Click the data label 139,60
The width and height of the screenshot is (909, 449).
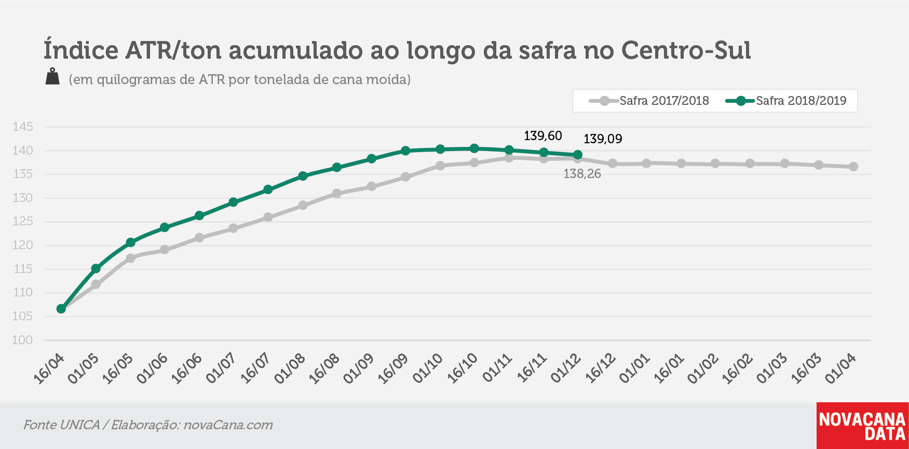coord(542,136)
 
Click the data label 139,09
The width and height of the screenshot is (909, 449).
coord(603,139)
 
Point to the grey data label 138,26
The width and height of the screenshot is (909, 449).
coord(582,174)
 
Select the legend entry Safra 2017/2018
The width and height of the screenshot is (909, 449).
coord(649,101)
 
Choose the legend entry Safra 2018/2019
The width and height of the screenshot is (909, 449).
coord(786,101)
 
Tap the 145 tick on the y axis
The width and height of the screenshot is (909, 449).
coord(22,127)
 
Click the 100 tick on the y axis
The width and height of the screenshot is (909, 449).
coord(22,340)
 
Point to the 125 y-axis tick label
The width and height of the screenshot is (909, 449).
coord(22,222)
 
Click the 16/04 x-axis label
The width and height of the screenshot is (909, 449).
coord(49,369)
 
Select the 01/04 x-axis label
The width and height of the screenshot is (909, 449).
coord(840,369)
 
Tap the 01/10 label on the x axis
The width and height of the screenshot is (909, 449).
coord(428,369)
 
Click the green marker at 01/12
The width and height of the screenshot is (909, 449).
coord(578,155)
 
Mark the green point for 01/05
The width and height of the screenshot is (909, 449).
coord(96,268)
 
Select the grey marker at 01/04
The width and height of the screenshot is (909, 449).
coord(853,167)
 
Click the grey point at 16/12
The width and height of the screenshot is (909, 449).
coord(612,164)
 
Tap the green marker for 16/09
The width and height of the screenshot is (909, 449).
coord(405,151)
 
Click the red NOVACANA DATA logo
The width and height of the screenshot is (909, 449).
coord(862,426)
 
